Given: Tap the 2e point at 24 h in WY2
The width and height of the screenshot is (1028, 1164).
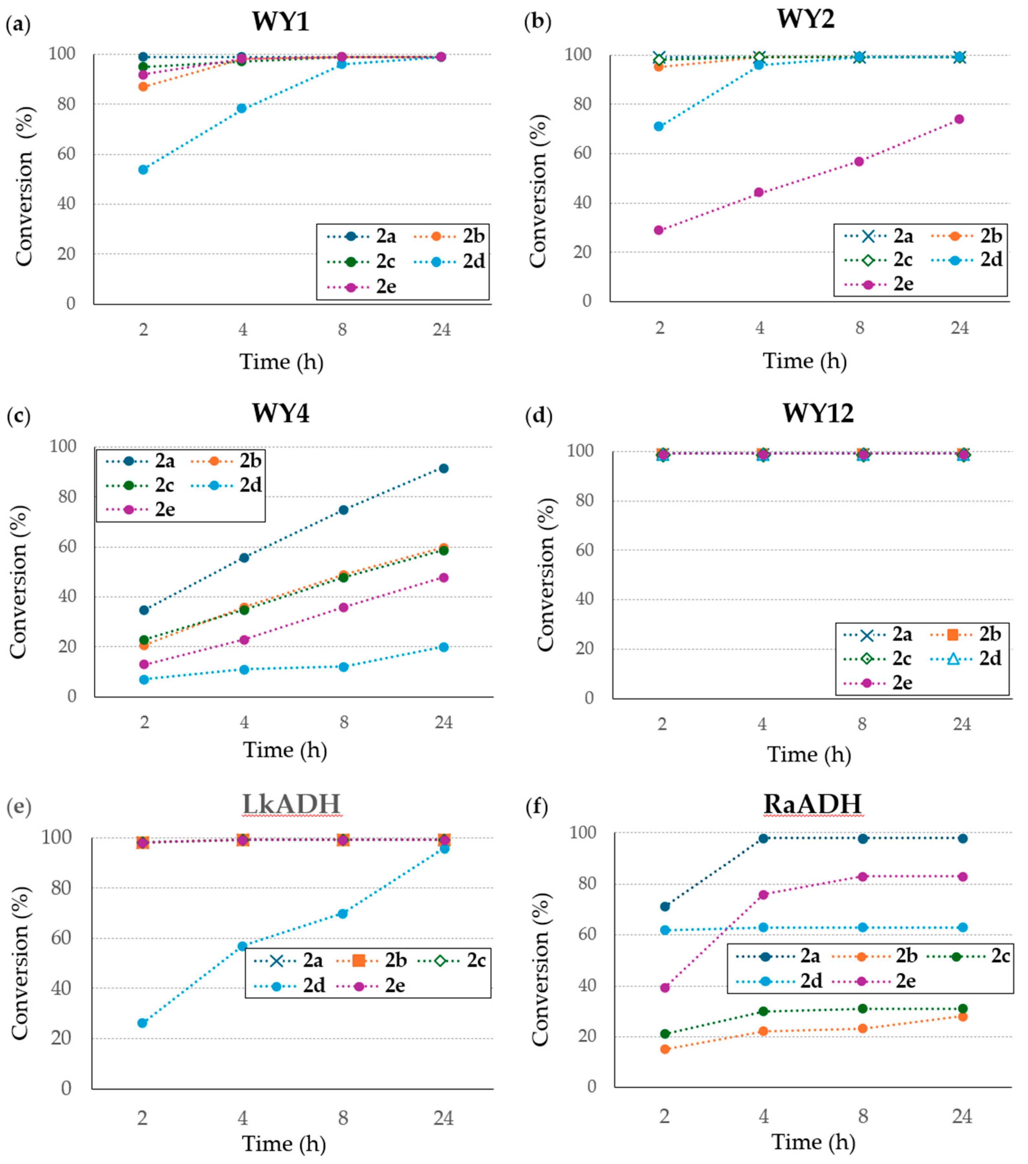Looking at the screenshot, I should point(959,119).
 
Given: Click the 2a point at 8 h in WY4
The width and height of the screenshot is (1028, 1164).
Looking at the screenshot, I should point(343,510).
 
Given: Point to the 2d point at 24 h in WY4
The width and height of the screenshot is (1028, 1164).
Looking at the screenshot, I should point(443,647).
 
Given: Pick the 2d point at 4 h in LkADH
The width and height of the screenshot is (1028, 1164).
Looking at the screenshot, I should point(242,946).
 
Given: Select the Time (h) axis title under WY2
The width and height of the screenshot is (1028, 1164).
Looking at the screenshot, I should point(804,361).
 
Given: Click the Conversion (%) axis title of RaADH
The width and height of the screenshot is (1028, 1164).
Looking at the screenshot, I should point(541,969).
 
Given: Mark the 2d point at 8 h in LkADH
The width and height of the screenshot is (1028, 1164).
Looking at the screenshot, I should point(343,913).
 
